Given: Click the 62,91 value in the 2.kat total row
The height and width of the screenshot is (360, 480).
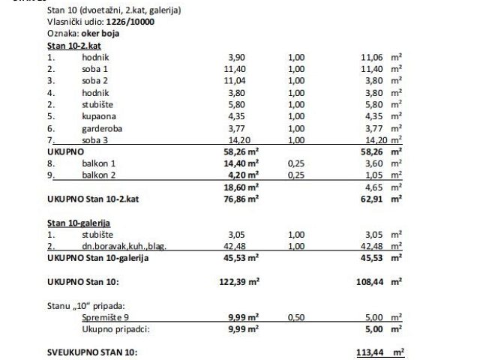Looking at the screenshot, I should (x=374, y=199).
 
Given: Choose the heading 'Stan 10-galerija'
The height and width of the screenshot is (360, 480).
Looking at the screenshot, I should (x=79, y=223).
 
